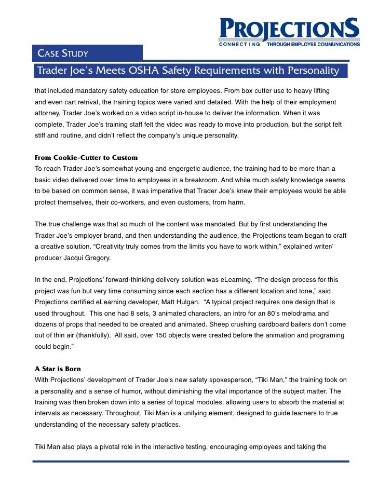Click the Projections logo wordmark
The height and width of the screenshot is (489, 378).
click(x=289, y=29)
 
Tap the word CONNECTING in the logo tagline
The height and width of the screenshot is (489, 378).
click(x=240, y=45)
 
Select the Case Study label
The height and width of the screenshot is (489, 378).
click(x=63, y=53)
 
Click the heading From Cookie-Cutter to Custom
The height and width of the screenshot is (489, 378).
click(x=86, y=157)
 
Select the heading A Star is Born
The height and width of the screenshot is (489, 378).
click(x=58, y=369)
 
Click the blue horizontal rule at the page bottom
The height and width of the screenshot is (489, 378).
click(x=190, y=461)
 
